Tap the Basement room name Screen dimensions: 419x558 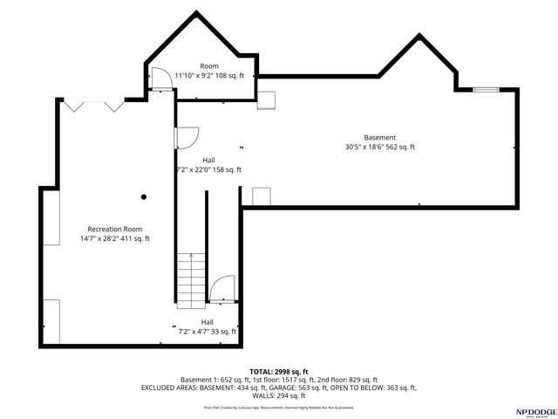pos(379,137)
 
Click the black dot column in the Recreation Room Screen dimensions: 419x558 pos(144,196)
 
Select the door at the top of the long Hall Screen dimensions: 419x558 pos(187,138)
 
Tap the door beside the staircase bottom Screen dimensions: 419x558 pos(222,288)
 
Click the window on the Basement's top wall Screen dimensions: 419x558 pos(487,88)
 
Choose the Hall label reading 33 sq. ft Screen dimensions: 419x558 pos(207,332)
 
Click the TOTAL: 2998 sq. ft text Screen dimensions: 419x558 pos(279,372)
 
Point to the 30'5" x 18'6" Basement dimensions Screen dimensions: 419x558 pos(379,148)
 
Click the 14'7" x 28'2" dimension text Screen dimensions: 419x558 pos(114,238)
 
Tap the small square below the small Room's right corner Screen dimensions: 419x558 pos(266,100)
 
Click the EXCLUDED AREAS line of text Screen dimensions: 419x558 pos(279,388)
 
